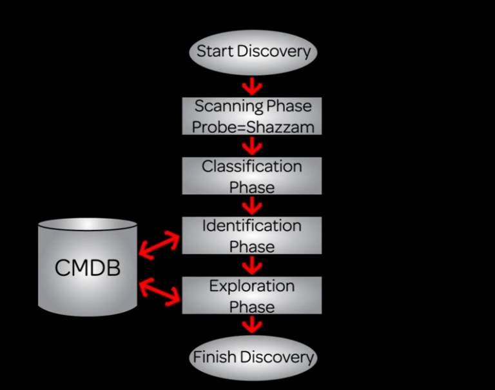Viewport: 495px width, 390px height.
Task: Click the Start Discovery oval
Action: tap(253, 52)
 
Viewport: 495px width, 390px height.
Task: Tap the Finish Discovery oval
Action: tap(253, 357)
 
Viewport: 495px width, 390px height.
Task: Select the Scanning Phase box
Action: tap(252, 116)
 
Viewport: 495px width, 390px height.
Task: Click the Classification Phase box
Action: tap(252, 176)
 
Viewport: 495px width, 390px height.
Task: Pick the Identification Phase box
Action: tap(252, 236)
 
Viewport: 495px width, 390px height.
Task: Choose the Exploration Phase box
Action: tap(252, 296)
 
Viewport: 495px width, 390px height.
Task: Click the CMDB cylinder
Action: tap(88, 267)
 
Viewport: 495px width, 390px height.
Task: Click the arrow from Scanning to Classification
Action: tap(252, 146)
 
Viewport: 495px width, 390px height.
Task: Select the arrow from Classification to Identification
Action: tap(252, 205)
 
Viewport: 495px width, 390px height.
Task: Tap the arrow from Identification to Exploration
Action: tap(252, 265)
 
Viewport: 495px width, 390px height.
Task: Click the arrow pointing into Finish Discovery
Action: tap(252, 324)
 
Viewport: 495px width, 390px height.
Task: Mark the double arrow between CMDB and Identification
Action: tap(160, 243)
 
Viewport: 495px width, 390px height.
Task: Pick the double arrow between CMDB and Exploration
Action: tap(160, 290)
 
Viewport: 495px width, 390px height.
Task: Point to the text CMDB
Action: tap(88, 268)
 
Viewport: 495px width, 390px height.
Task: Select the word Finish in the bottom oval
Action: tap(215, 357)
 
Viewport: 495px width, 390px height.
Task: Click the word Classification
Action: tap(252, 167)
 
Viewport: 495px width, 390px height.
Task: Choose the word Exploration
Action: tap(252, 286)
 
